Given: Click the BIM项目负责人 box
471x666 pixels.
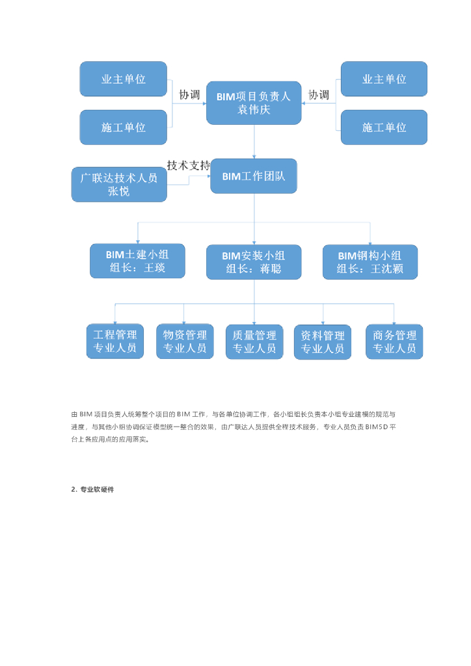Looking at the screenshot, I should [x=254, y=102].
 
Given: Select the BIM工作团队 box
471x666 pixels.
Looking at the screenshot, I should [x=254, y=176].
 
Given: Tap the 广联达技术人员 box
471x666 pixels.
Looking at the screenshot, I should [x=119, y=184].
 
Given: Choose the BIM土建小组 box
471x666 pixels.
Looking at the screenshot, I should [x=137, y=261].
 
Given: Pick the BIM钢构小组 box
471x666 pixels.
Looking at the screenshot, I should [x=370, y=261].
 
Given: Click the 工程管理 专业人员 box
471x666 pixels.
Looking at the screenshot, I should [x=115, y=341].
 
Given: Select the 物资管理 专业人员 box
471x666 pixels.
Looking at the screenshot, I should [x=185, y=341].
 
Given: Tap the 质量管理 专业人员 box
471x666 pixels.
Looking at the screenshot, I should [x=254, y=342].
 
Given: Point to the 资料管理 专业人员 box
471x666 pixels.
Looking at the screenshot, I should [x=323, y=342].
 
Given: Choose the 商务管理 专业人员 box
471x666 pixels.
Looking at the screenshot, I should [x=394, y=342].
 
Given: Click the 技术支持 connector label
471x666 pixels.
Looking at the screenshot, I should [x=189, y=165].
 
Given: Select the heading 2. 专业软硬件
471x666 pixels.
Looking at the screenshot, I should [x=92, y=489].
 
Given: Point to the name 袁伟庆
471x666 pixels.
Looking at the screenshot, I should [x=254, y=109].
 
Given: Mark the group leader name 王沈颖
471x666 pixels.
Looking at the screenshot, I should [x=387, y=269].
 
